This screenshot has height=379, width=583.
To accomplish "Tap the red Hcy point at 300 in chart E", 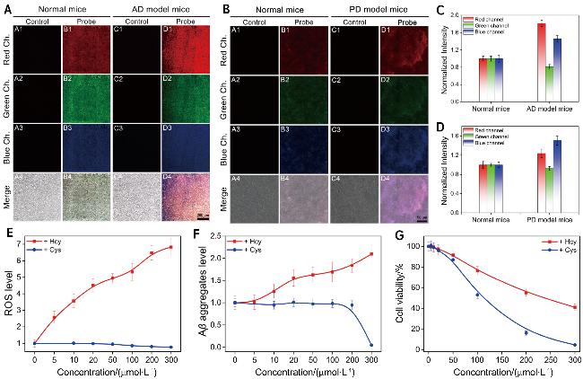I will (x=196, y=248).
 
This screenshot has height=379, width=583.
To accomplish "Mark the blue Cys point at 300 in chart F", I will (x=371, y=345).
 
